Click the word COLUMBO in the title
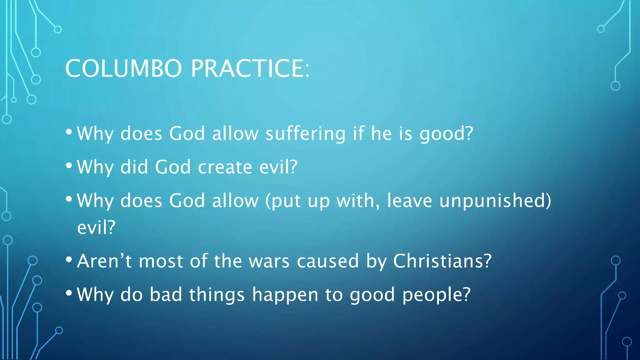pos(123,68)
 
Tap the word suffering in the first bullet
pos(305,134)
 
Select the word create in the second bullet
pos(225,167)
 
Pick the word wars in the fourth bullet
pos(269,262)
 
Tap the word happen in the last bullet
pos(285,295)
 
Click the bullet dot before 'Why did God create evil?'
pos(69,165)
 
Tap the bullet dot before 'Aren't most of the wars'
pos(69,259)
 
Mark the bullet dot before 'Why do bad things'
pos(69,293)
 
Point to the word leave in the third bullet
pos(409,201)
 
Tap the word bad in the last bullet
pos(166,295)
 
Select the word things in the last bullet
pos(217,295)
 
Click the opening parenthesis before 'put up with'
pos(268,201)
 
